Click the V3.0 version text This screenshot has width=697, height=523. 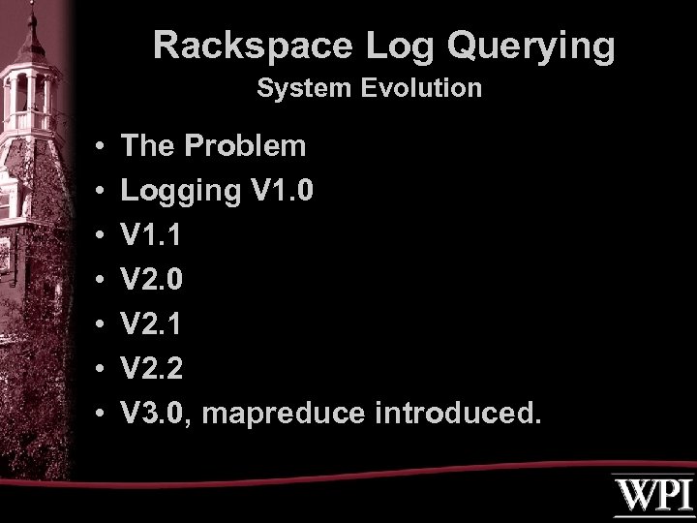pos(155,414)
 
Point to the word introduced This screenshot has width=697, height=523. pos(454,414)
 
